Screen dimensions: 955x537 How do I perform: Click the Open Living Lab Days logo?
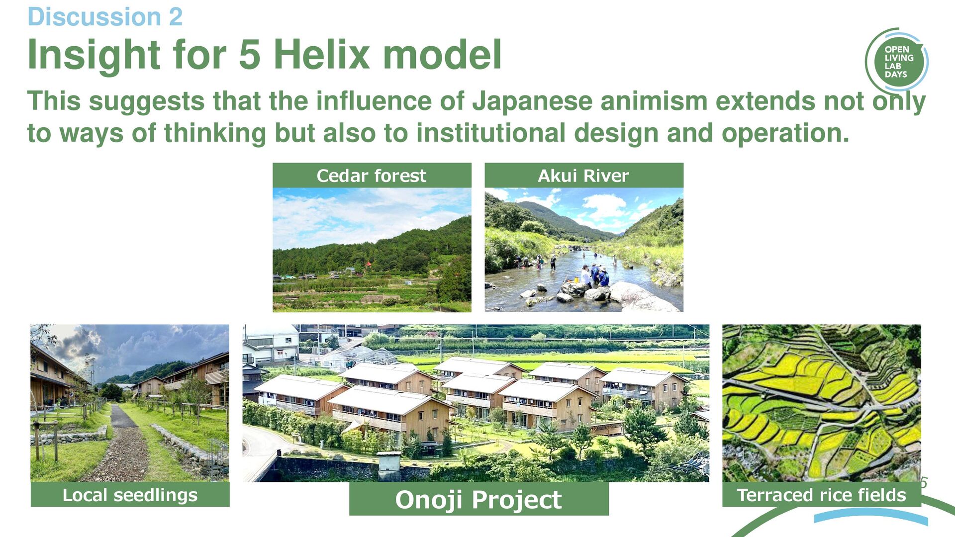coord(896,62)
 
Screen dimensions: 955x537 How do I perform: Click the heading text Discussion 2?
coord(105,17)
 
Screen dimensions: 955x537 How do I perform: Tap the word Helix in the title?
coord(321,54)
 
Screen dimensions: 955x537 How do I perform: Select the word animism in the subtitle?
coord(654,101)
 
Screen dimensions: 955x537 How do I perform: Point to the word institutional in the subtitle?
coord(491,133)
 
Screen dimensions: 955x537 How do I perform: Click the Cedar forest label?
coord(372,176)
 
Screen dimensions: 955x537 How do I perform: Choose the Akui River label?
coord(583,176)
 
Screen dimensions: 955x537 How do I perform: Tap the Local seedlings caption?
coord(130,495)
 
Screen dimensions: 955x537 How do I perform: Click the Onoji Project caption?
coord(478,499)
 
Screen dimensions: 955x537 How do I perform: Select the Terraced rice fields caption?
coord(821,495)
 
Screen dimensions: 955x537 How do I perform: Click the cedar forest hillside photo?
coord(372,250)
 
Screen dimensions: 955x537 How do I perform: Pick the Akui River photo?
coord(584,250)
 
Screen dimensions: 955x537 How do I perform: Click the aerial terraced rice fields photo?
coord(821,403)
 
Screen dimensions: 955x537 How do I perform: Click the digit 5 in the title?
coord(250,55)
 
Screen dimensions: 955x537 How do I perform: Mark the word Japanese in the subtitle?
coord(532,102)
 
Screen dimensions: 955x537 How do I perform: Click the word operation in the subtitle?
coord(785,134)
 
